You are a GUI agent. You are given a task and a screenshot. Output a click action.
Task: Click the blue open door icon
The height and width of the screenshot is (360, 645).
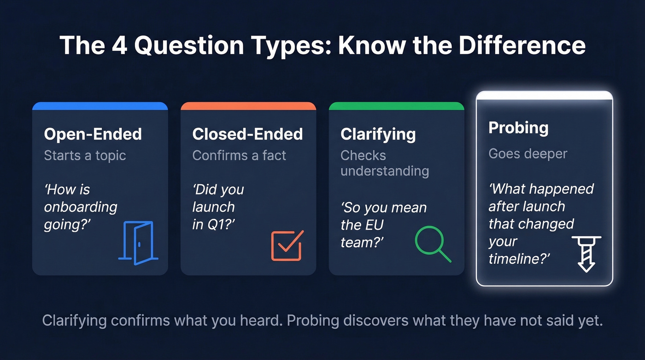138,242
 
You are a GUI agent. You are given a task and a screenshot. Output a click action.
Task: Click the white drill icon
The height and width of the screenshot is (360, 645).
586,254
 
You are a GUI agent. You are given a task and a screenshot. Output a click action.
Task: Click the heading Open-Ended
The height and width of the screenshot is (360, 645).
93,134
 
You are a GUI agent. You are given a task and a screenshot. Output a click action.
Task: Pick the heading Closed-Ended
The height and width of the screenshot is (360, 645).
247,134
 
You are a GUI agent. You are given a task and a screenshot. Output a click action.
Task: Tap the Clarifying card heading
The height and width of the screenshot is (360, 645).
378,134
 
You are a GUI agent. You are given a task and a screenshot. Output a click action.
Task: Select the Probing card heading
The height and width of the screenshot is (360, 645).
518,128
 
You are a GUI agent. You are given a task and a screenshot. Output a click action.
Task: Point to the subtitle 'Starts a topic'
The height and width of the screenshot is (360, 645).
85,155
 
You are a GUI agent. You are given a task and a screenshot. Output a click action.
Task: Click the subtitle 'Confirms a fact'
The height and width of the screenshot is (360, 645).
239,155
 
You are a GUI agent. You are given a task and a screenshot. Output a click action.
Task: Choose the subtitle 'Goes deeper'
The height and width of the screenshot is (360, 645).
528,153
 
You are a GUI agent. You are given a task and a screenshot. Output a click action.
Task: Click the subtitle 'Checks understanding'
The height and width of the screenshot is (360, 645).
384,163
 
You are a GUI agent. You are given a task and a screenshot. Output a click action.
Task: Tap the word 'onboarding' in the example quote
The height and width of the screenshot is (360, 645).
81,207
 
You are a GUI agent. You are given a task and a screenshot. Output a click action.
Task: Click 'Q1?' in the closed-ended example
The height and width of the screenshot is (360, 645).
218,224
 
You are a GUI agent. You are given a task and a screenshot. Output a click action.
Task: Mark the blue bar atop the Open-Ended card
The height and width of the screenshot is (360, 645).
100,106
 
